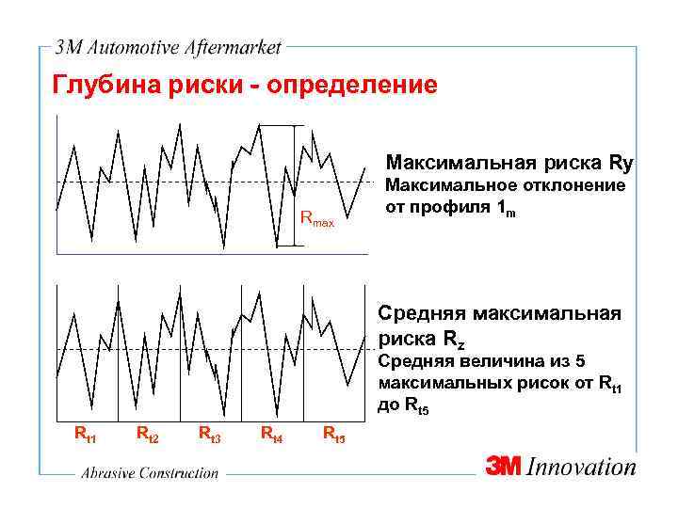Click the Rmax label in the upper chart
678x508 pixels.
pyautogui.click(x=316, y=221)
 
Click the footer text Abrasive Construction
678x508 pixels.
pyautogui.click(x=149, y=474)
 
